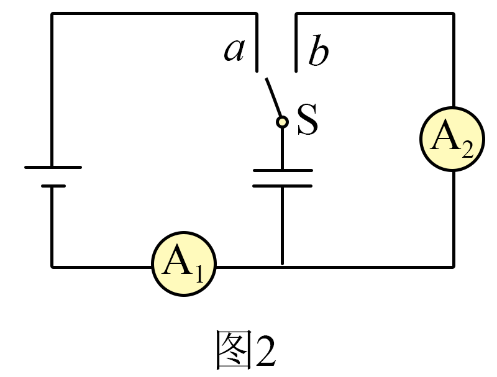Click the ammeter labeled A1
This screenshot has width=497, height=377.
(184, 264)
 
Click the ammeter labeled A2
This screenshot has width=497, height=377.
(452, 139)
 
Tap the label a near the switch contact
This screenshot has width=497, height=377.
(235, 50)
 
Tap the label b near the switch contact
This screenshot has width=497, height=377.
(318, 51)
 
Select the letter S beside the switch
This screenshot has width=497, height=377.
(308, 119)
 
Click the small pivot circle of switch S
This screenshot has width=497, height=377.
(282, 122)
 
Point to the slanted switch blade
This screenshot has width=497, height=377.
(273, 98)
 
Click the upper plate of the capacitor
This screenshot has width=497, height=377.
(283, 170)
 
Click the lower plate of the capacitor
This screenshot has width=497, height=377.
(283, 186)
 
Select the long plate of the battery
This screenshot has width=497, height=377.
(53, 167)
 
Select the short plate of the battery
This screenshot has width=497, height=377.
(53, 186)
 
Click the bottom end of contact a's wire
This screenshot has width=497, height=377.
(257, 71)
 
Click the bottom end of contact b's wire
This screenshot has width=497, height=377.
(296, 71)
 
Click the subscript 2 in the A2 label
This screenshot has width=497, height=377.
(468, 149)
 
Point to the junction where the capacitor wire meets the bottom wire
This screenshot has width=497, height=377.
(283, 267)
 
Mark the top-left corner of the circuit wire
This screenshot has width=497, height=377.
(52, 14)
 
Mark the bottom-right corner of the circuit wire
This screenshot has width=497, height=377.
(454, 267)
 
